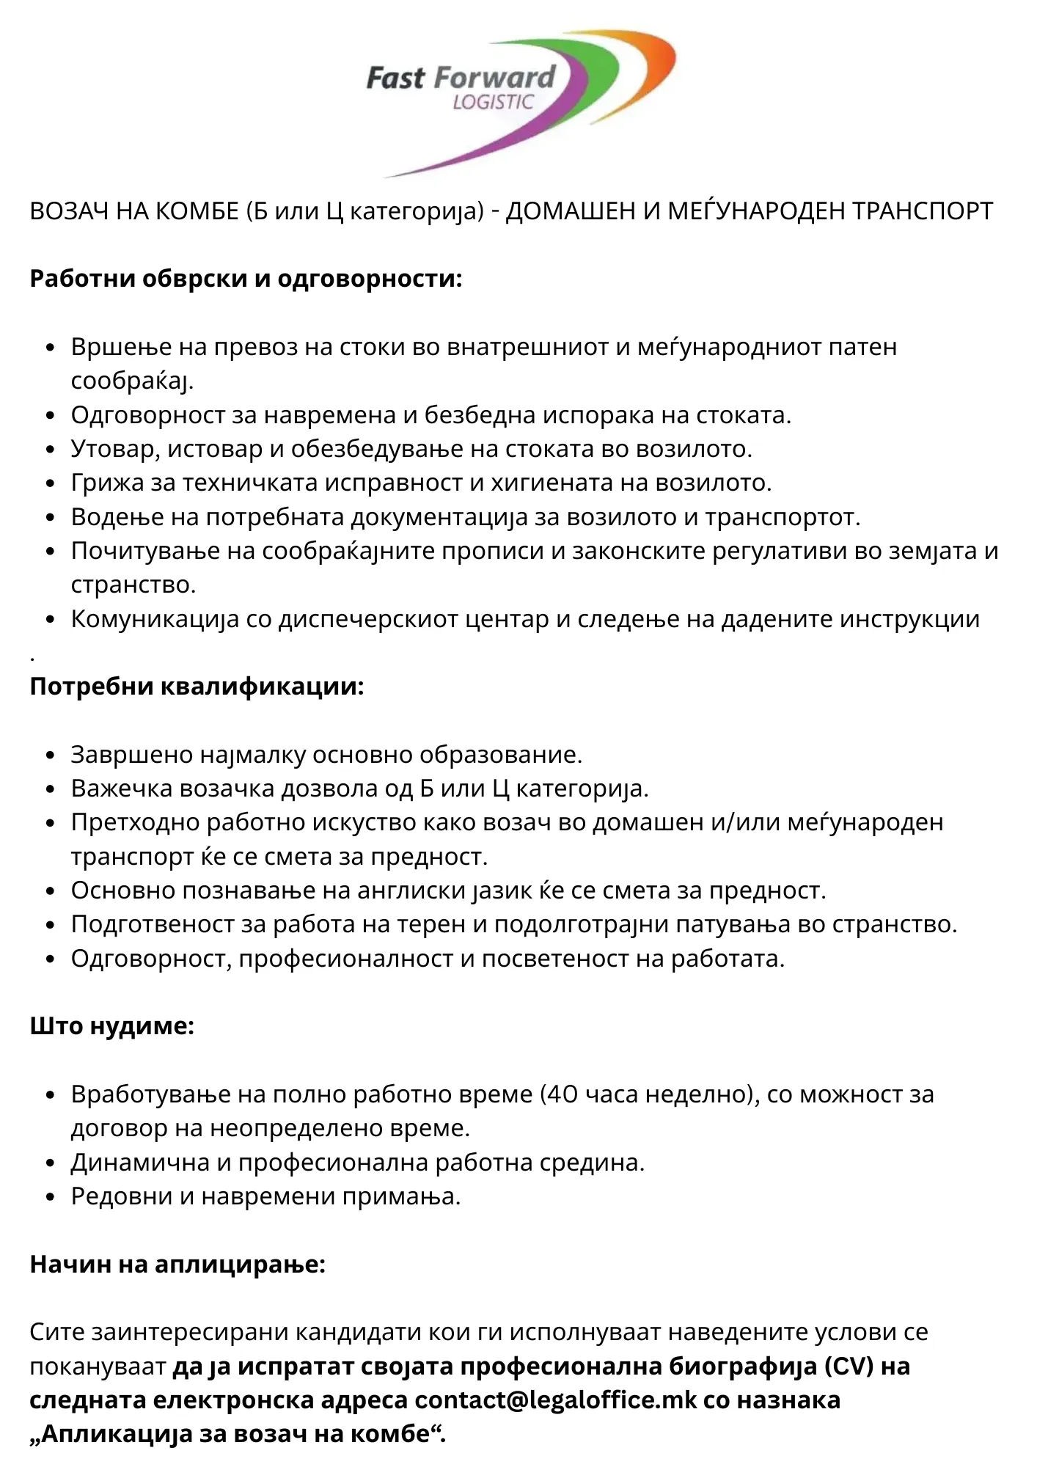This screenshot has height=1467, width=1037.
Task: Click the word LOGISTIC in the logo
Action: [493, 102]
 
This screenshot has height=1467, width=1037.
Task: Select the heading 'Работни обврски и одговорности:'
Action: [246, 279]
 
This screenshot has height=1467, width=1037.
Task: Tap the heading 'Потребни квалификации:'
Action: [197, 687]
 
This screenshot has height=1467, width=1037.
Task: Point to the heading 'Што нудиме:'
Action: [111, 1025]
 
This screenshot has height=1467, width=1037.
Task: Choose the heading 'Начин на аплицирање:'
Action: [177, 1264]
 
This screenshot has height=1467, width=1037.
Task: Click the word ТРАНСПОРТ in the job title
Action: [922, 211]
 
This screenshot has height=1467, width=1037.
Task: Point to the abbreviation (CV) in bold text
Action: [849, 1366]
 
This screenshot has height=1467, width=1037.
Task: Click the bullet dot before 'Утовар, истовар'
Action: [50, 449]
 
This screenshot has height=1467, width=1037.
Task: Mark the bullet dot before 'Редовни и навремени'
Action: [50, 1196]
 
